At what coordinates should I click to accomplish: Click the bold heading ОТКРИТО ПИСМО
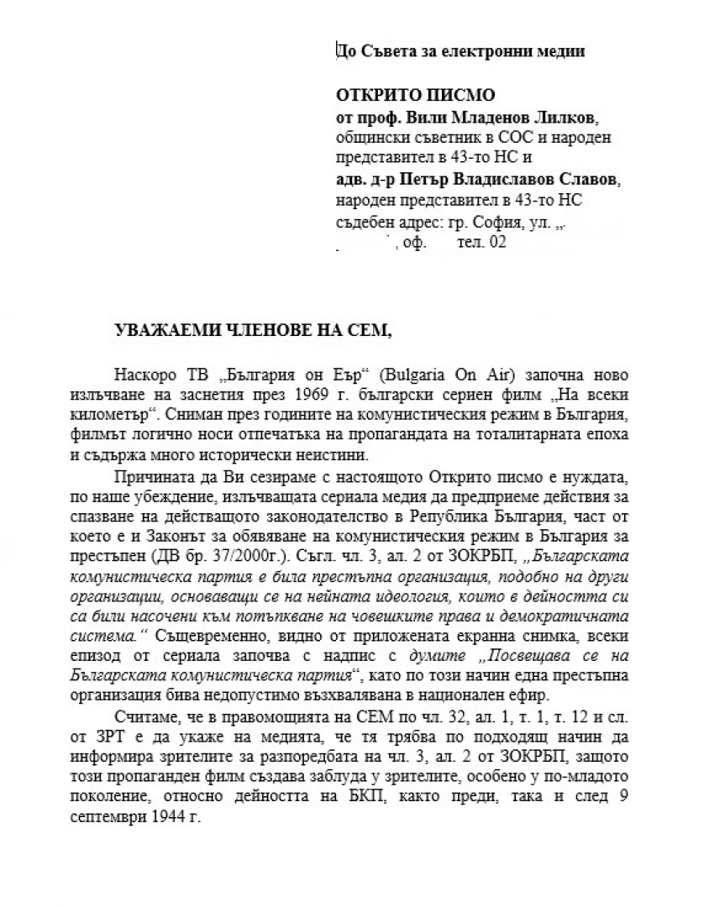tap(416, 95)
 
